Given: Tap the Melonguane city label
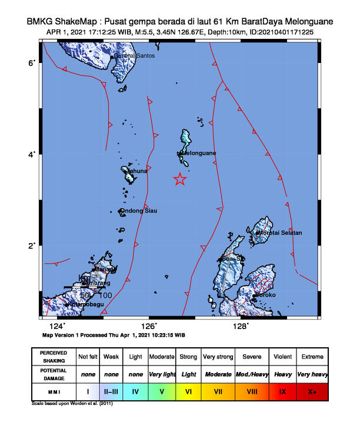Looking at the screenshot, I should (x=199, y=153).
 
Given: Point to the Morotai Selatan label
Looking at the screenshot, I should (x=280, y=232).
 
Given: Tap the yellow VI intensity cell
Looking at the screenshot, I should (x=189, y=390).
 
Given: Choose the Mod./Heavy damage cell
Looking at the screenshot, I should (x=250, y=374).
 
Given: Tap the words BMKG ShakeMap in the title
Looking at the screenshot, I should (x=64, y=21).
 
